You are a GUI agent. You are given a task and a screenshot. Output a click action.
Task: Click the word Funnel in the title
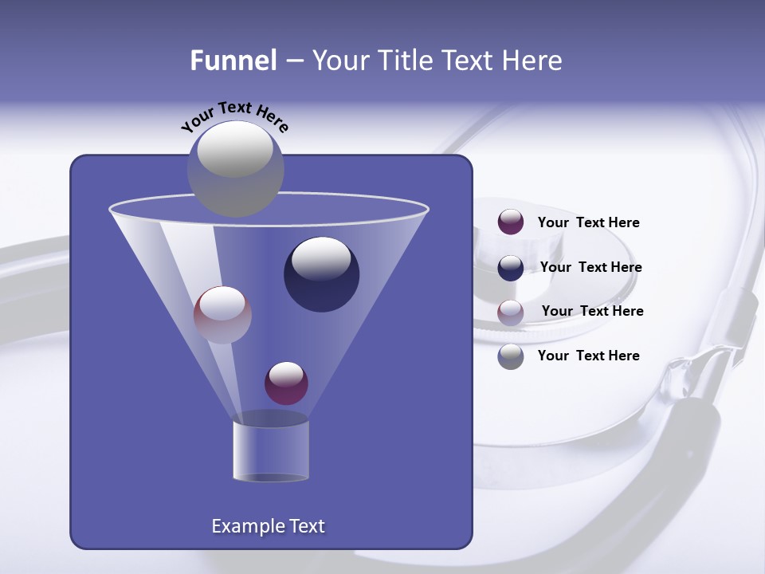(233, 61)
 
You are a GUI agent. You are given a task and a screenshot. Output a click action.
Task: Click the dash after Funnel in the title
(293, 61)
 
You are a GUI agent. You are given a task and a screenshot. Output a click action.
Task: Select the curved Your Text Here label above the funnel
(234, 116)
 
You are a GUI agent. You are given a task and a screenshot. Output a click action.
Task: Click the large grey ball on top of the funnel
(236, 168)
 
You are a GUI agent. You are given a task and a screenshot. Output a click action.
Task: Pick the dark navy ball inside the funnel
(321, 274)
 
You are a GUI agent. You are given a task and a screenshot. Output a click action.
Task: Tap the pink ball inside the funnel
(222, 314)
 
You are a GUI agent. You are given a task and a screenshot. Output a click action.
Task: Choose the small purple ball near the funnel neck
(286, 383)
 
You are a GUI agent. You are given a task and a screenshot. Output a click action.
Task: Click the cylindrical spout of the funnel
(270, 450)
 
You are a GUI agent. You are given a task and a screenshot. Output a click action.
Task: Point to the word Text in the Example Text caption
(306, 526)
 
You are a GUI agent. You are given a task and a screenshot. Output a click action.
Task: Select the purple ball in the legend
(511, 222)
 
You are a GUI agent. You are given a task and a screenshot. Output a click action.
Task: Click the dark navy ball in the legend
(511, 268)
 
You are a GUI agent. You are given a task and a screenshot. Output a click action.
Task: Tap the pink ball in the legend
(511, 313)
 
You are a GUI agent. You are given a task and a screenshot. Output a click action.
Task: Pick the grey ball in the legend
(511, 356)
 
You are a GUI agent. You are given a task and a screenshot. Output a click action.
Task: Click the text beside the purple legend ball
(588, 223)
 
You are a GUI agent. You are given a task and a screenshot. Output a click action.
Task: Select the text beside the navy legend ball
(590, 268)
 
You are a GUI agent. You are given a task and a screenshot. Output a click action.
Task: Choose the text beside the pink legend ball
(592, 312)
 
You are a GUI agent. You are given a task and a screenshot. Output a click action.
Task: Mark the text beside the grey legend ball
(588, 356)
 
